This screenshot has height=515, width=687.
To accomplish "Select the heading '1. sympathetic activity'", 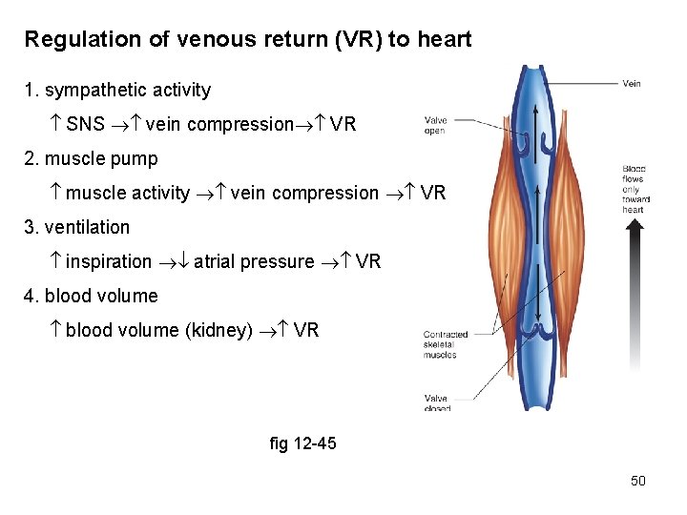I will click(x=117, y=91).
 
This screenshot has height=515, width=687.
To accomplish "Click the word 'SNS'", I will click(x=86, y=124).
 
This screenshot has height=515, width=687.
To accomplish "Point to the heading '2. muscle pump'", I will click(x=91, y=158).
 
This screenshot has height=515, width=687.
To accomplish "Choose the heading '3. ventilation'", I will click(x=76, y=227).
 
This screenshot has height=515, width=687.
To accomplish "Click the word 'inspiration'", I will click(x=109, y=261).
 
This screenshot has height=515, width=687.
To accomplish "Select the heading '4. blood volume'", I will click(x=91, y=296).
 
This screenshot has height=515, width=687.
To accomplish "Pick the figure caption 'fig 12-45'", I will click(x=303, y=443).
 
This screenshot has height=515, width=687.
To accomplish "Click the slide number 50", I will click(x=638, y=481).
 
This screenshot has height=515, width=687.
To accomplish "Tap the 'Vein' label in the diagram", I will click(x=632, y=84).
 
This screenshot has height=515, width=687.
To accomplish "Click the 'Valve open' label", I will click(x=436, y=125).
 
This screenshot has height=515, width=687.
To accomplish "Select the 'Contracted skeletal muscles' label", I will click(x=446, y=344).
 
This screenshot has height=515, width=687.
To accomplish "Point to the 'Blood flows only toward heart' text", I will click(x=633, y=189).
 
